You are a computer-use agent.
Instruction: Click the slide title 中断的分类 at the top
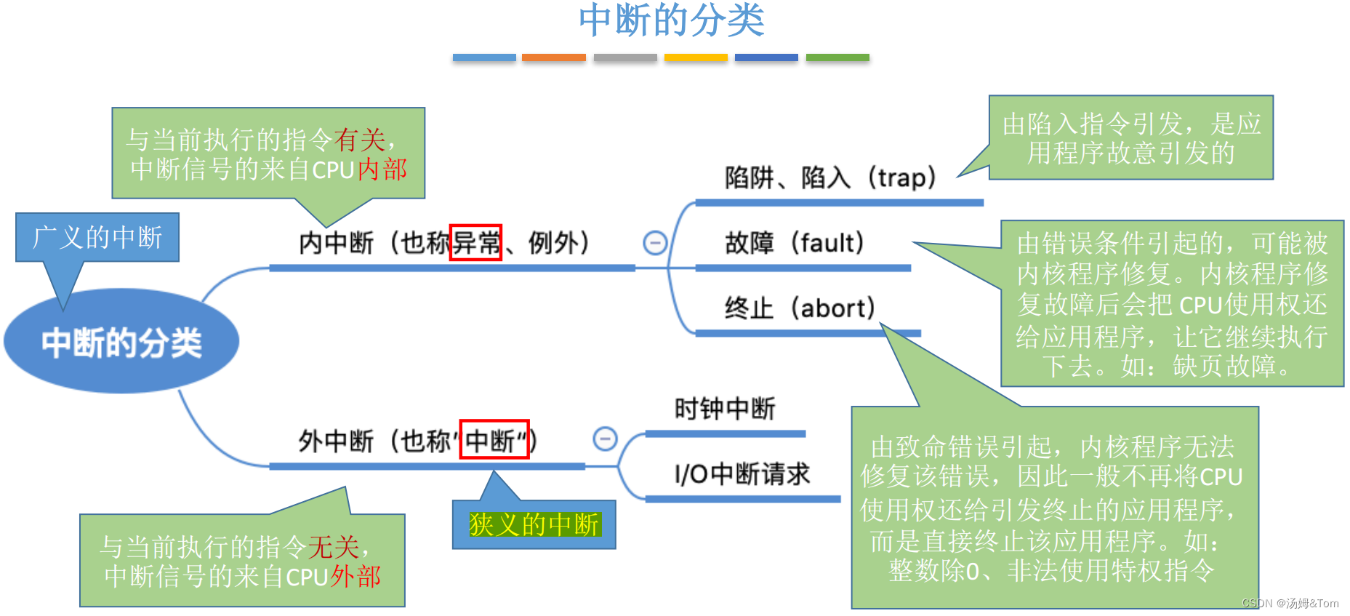671,20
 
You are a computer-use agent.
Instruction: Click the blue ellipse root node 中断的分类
121,342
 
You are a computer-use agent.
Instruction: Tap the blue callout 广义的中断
97,237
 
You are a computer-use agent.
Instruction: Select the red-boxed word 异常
476,242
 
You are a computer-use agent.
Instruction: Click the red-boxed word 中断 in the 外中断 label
494,440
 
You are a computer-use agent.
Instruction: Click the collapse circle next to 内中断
655,242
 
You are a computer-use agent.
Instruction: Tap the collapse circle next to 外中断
605,439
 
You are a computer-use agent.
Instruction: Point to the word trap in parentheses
901,177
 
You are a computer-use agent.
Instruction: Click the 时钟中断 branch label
725,409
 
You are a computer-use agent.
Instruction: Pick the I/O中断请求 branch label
742,474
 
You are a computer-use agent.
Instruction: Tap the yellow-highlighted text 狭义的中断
534,524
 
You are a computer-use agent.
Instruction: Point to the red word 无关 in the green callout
333,546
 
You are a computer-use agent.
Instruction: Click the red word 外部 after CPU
356,577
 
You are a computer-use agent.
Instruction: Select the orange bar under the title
553,57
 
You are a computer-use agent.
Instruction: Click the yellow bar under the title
696,57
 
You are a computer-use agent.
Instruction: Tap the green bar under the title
837,57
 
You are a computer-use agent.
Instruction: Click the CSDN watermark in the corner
1290,604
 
